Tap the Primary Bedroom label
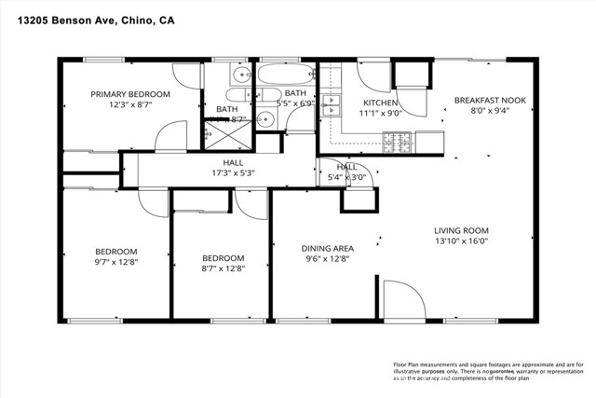click(129, 94)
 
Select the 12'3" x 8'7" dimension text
click(129, 106)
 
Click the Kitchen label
click(380, 103)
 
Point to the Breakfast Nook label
click(489, 100)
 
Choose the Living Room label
click(461, 230)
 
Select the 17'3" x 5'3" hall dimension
click(226, 172)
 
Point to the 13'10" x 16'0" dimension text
click(461, 242)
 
